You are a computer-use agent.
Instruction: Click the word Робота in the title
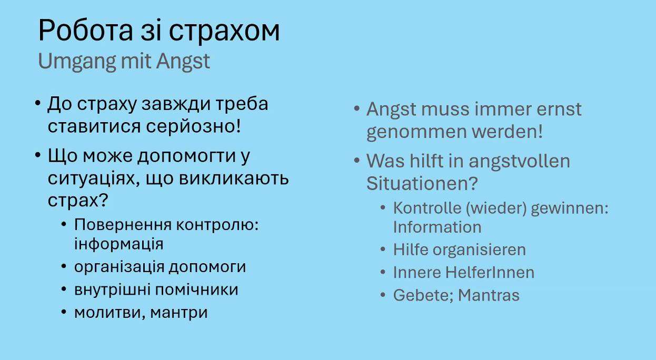[85, 31]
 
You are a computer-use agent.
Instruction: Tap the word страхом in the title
[224, 33]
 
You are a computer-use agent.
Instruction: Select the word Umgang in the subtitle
[77, 62]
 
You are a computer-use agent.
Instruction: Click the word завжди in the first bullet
[176, 105]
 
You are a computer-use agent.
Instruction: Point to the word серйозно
[193, 127]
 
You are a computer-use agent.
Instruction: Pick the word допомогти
[186, 156]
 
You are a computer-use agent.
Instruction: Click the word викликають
[234, 178]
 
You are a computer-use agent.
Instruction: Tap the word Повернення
[123, 225]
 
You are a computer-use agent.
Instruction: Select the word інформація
[118, 244]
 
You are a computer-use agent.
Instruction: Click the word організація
[119, 267]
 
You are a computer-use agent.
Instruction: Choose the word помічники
[196, 289]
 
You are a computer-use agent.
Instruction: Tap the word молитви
[110, 313]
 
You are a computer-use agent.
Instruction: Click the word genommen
[416, 132]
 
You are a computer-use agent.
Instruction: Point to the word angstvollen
[519, 161]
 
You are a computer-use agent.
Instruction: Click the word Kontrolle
[428, 208]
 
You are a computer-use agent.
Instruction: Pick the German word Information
[437, 227]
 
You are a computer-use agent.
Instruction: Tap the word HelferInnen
[490, 273]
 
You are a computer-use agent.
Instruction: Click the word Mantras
[489, 295]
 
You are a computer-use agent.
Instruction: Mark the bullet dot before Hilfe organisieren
[383, 249]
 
